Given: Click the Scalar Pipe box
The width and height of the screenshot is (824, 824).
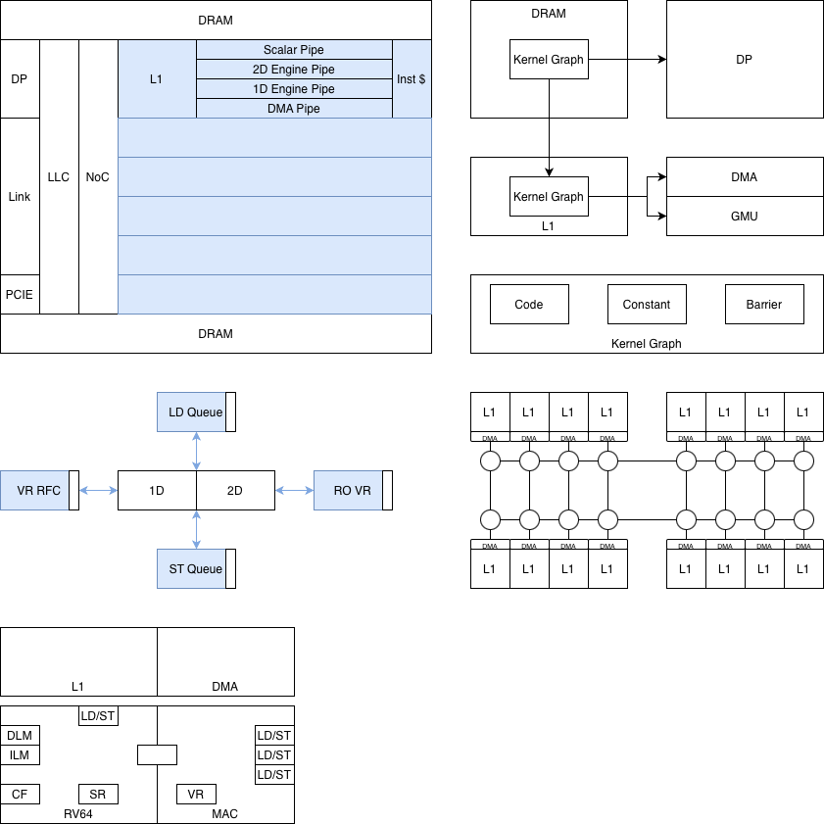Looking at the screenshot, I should [294, 50].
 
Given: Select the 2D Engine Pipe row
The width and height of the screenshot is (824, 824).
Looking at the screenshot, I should [294, 70].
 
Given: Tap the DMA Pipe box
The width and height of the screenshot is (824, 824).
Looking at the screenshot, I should [294, 109].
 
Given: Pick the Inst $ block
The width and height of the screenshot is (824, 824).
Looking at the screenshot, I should [412, 78].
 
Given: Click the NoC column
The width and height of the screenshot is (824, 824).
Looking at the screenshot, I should [98, 176].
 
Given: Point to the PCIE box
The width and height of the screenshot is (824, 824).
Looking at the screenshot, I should [20, 294].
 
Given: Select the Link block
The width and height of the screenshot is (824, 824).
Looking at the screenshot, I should [20, 196].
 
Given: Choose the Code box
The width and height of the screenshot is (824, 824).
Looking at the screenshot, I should [529, 305].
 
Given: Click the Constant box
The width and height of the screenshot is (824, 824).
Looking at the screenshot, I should [647, 305].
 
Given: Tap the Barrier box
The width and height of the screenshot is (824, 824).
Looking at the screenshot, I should [764, 305].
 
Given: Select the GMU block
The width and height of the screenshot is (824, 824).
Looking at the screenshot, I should [745, 217].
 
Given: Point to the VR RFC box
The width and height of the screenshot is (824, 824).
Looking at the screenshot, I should [39, 491].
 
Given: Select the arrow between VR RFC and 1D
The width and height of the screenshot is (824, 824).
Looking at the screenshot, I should [98, 491].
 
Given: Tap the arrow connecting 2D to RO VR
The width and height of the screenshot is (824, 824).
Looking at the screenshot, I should [294, 491].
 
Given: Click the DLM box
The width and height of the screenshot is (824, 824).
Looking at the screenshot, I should [20, 736].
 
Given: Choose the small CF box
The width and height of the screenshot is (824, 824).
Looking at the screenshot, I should [20, 795].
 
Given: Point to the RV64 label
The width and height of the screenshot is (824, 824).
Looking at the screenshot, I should [78, 814].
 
